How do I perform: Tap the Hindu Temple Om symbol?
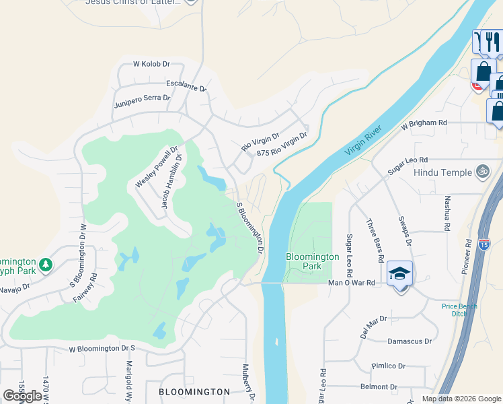[x=481, y=172]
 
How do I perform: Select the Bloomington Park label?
[x=313, y=261]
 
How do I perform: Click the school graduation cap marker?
[x=399, y=273]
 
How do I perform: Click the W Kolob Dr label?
[x=152, y=64]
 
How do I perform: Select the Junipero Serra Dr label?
[x=142, y=98]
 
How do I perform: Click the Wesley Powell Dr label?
[x=156, y=167]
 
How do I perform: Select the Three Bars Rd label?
[x=375, y=240]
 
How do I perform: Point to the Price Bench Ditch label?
[x=459, y=310]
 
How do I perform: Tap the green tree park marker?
[x=46, y=264]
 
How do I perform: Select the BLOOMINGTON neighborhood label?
[x=194, y=391]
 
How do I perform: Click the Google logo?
[x=22, y=396]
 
